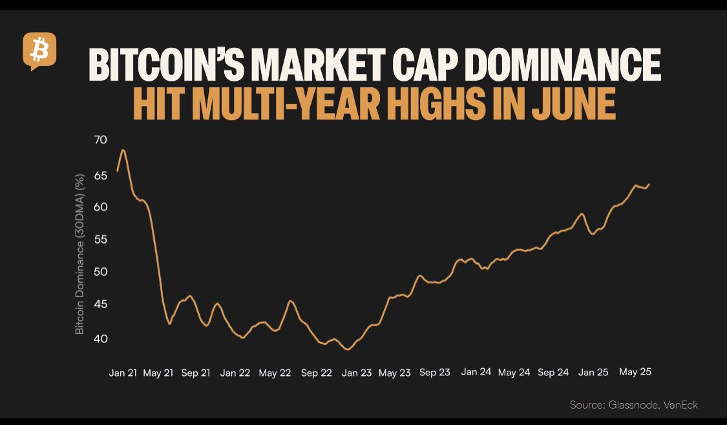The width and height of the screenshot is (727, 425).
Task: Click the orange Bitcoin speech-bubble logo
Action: point(39,51)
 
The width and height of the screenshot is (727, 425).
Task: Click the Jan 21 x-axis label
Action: point(123,373)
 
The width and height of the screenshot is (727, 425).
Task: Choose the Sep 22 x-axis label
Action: point(316,373)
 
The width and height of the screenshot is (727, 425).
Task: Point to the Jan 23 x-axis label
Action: point(357,373)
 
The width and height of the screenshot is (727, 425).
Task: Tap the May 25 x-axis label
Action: point(635,372)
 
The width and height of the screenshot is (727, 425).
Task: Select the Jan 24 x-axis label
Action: point(477,372)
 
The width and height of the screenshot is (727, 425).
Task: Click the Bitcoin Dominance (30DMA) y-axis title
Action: point(80,254)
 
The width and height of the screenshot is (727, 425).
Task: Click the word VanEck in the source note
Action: point(680,405)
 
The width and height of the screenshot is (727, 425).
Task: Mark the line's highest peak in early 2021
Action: point(123,150)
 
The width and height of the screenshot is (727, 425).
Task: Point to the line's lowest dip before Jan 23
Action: point(348,349)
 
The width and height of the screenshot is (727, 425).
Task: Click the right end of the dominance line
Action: point(649,184)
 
